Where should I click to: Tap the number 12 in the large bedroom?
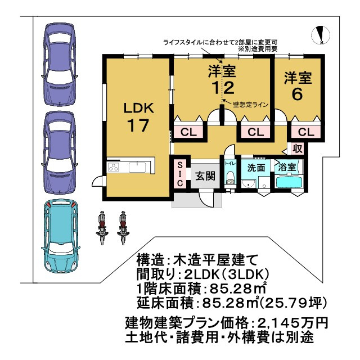(222, 88)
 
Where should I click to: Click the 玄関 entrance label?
(205, 175)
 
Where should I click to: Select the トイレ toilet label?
(230, 164)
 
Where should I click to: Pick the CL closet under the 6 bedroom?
(305, 132)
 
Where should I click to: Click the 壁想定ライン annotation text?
(249, 105)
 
